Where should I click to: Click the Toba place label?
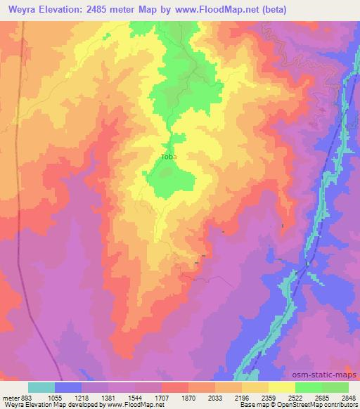[169, 157]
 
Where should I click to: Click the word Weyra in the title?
[21, 9]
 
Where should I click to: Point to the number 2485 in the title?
[112, 9]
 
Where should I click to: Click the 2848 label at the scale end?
[348, 397]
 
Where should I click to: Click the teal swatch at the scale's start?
[41, 387]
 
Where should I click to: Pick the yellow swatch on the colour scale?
[282, 387]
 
